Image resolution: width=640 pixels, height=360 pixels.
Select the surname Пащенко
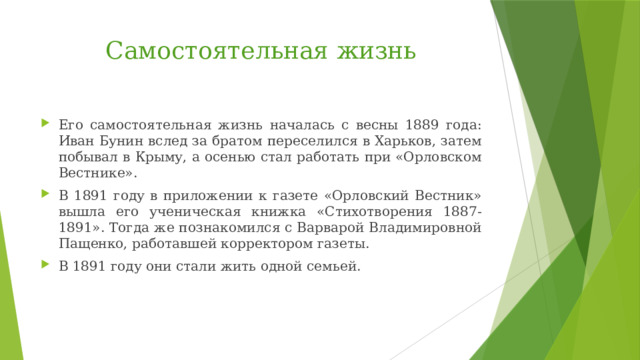tap(94, 243)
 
